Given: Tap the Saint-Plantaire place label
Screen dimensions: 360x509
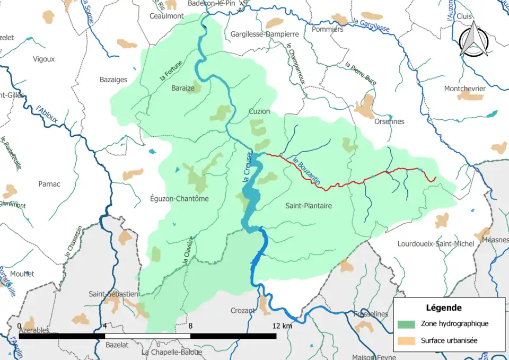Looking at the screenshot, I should click(308, 206).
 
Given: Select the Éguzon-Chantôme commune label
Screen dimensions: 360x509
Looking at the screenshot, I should click(180, 199).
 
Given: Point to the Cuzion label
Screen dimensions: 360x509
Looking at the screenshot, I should click(259, 111).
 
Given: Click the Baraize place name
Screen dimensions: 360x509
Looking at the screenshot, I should click(182, 88).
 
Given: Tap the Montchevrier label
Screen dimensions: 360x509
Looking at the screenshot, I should click(464, 89).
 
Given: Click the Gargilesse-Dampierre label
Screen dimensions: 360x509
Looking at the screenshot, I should click(265, 34).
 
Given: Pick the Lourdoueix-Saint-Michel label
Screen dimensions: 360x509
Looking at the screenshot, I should click(436, 244).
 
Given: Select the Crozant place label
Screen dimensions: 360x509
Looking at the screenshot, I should click(243, 311).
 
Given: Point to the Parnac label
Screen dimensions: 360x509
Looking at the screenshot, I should click(49, 184).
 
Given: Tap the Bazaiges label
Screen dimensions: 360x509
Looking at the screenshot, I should click(113, 80).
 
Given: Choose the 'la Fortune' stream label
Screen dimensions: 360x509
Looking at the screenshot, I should click(171, 71).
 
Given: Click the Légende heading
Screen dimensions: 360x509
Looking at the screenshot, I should click(443, 308).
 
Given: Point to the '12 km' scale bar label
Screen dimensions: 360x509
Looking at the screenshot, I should click(283, 326).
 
